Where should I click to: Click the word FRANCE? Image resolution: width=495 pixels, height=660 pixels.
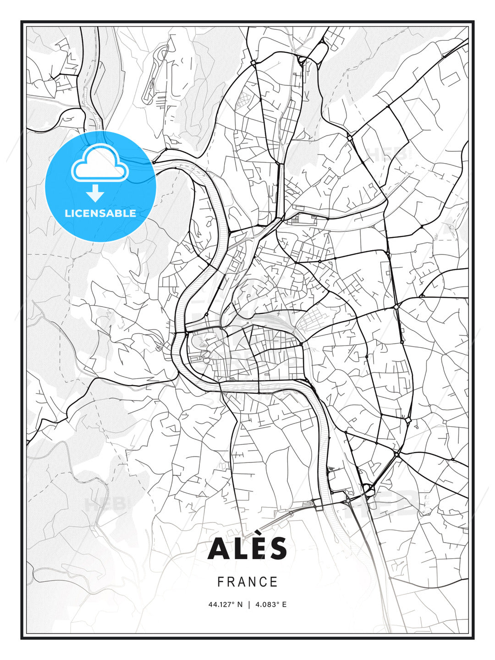click(x=247, y=582)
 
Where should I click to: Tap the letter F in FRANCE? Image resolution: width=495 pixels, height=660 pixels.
click(x=220, y=582)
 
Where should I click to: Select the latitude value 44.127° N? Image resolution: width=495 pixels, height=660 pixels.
click(x=225, y=605)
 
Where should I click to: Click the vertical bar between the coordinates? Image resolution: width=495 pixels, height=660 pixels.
click(x=249, y=605)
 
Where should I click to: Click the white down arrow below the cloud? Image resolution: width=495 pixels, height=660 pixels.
click(x=95, y=193)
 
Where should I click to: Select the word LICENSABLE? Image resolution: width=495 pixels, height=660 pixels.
click(x=100, y=213)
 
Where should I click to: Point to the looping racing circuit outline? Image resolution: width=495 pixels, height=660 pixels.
click(x=155, y=73)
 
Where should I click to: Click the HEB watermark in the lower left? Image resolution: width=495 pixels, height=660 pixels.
click(x=105, y=504)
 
